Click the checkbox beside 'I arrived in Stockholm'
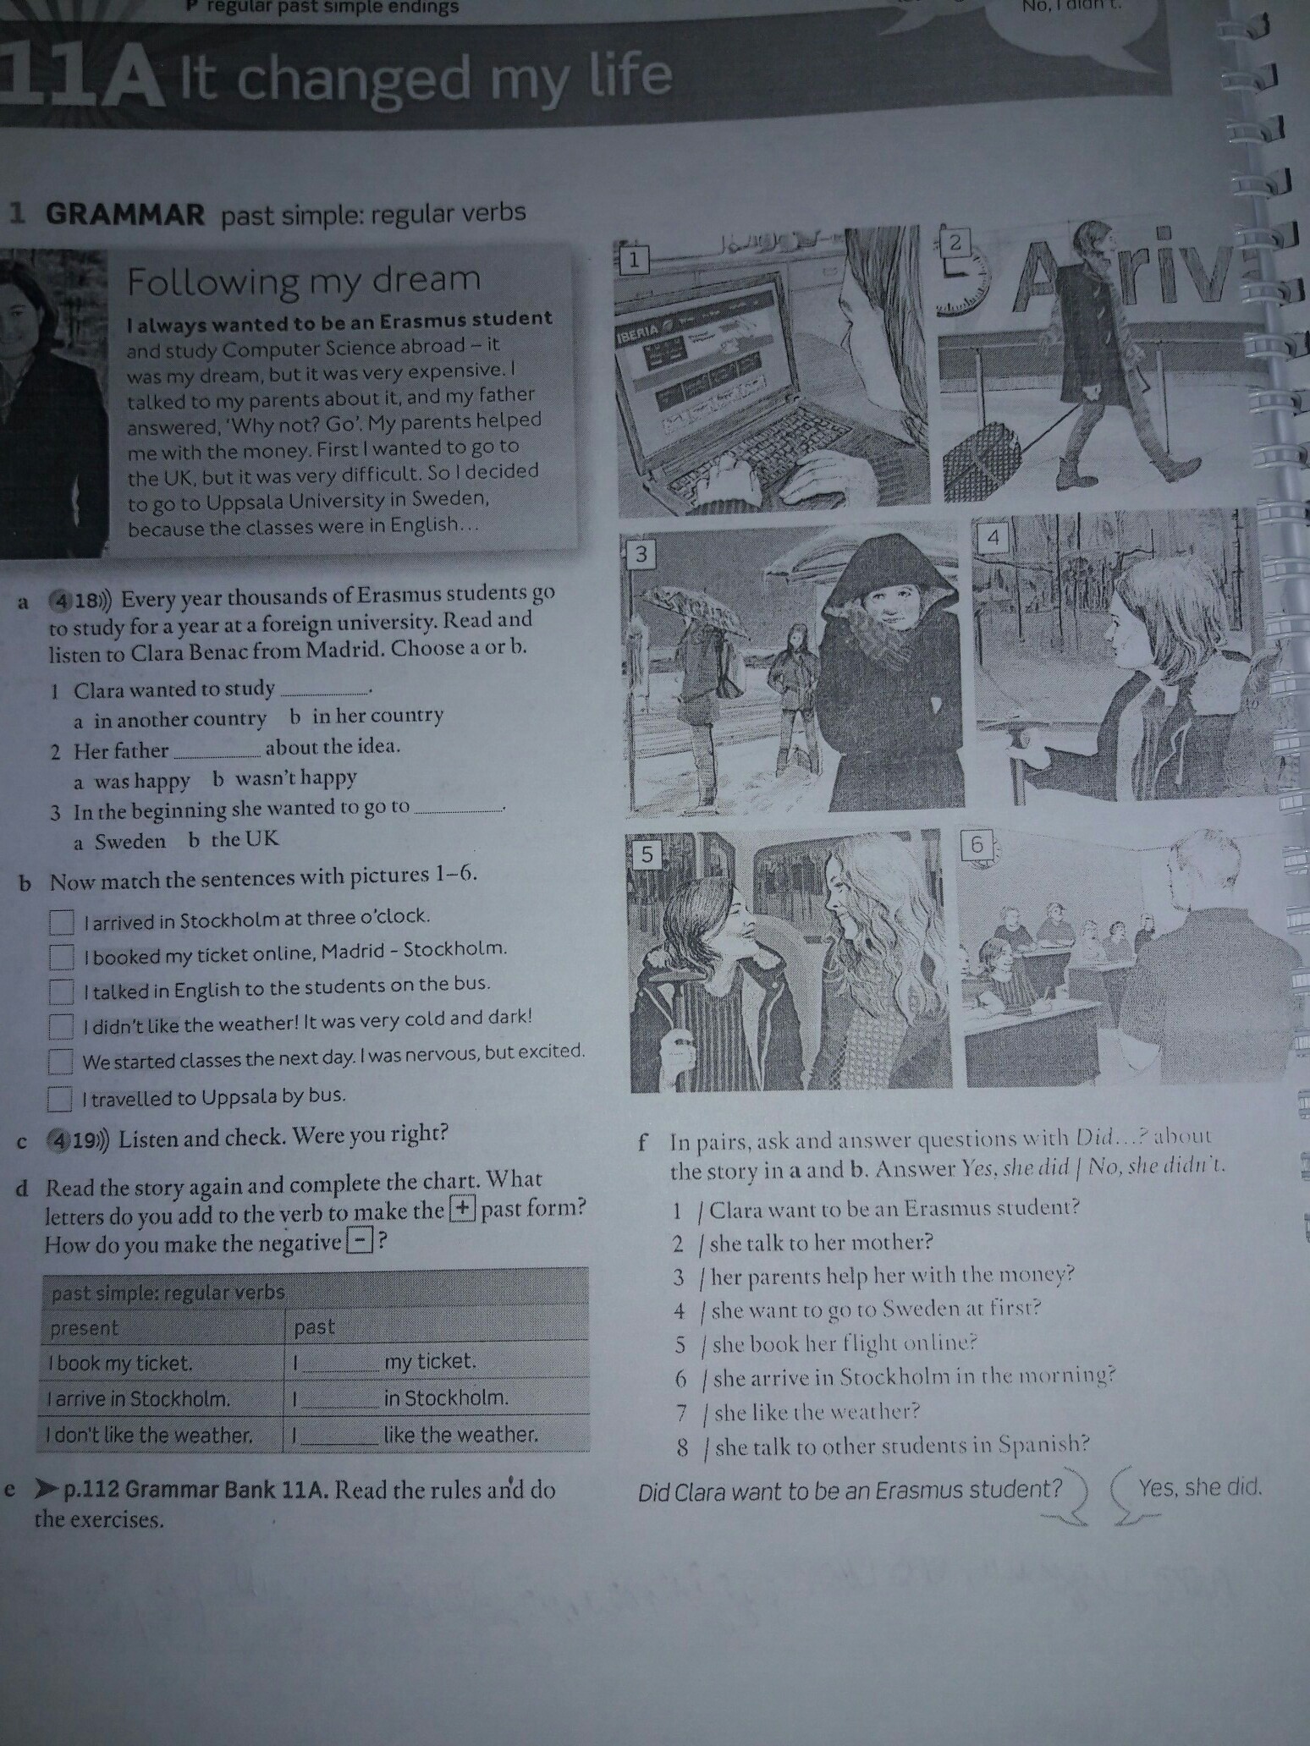[61, 921]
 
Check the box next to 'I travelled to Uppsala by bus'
[59, 1099]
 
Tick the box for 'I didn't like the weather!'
[60, 1026]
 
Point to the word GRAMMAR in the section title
[125, 215]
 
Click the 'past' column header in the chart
[315, 1327]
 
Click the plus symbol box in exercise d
[462, 1209]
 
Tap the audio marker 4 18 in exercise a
[80, 601]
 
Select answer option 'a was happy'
[132, 780]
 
